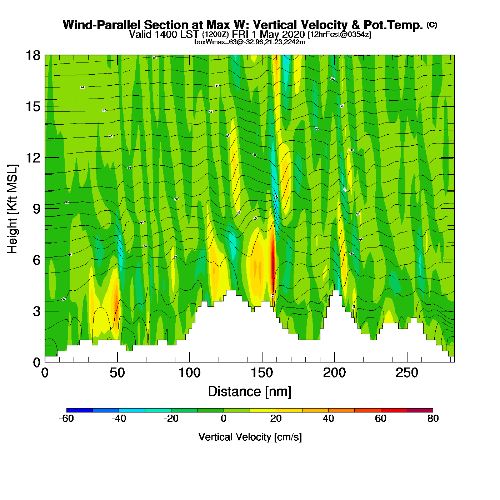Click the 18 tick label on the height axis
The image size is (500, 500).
pos(32,55)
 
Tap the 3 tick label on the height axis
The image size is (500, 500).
pos(37,311)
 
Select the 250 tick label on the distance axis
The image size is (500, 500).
pos(407,373)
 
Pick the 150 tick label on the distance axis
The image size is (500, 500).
pos(262,373)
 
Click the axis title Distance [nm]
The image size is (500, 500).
pos(250,391)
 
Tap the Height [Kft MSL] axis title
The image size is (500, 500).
pos(12,209)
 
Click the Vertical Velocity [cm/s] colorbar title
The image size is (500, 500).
pos(250,437)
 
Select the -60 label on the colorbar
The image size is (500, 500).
pos(66,419)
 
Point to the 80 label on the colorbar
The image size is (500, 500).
pos(433,419)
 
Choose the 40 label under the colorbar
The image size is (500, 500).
pos(328,419)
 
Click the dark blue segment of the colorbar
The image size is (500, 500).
pos(79,410)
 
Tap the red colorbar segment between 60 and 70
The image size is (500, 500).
pos(394,410)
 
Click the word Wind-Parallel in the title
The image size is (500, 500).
pos(102,25)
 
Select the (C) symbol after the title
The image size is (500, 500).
pos(432,25)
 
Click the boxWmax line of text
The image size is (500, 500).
pos(250,42)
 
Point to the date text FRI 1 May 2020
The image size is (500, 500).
pos(268,34)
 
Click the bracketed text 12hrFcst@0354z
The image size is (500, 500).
pos(339,35)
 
